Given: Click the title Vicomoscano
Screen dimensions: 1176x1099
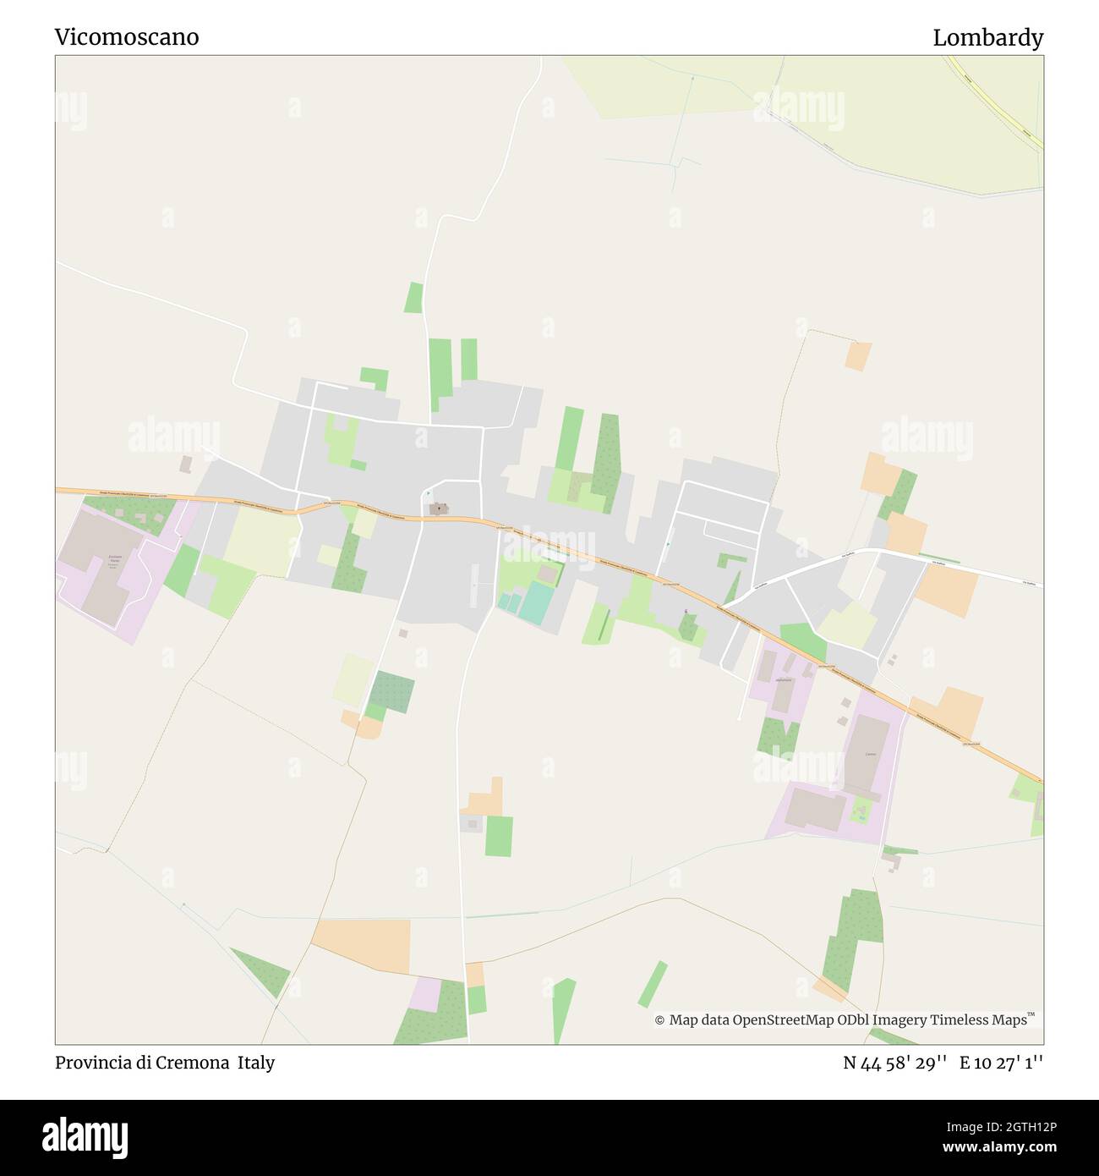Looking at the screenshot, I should tap(127, 37).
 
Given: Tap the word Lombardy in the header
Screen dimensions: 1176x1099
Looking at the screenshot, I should tap(987, 37).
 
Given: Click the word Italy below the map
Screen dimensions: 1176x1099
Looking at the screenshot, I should tap(255, 1063).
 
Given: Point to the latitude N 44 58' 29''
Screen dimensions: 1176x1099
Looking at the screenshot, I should tap(894, 1063).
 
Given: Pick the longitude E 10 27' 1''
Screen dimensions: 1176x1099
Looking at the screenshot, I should tap(1001, 1063).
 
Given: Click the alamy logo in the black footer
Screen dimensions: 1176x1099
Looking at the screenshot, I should tap(85, 1135).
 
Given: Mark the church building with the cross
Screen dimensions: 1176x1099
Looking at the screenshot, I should tap(438, 508).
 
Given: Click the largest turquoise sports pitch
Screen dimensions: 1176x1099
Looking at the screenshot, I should tap(534, 602).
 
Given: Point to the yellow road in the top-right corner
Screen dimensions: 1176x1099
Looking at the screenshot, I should tap(998, 102).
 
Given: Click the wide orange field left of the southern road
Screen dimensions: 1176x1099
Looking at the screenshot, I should tap(364, 943).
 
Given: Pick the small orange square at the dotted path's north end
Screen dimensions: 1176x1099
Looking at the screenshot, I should tap(857, 355).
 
